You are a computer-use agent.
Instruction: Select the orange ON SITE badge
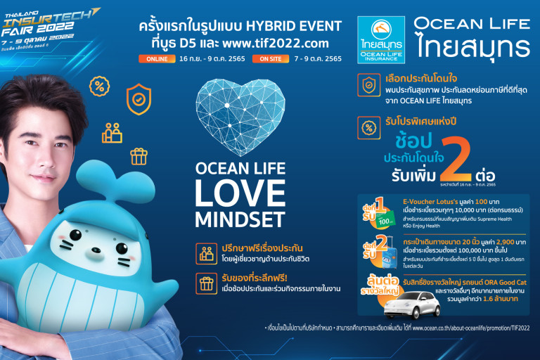click(269, 58)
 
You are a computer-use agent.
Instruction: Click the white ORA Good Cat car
click(407, 304)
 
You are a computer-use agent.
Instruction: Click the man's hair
click(42, 98)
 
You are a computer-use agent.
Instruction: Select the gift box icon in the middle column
click(207, 283)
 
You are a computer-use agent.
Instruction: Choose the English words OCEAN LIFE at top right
click(472, 24)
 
